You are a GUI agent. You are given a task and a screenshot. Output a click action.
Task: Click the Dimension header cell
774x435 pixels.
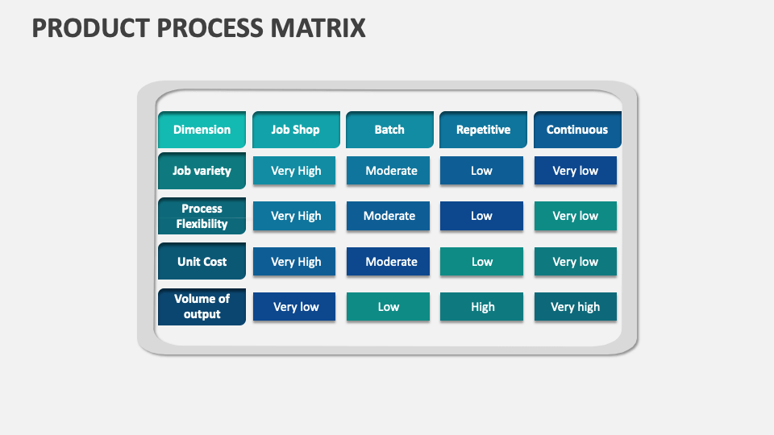pos(202,130)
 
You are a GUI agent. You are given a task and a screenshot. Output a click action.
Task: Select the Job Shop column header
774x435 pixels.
pos(295,130)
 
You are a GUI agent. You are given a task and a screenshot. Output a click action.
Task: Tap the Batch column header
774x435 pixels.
pos(389,130)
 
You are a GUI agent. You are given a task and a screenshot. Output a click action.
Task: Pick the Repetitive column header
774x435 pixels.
pos(483,130)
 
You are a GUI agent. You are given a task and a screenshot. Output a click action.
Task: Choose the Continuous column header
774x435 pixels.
pos(577,130)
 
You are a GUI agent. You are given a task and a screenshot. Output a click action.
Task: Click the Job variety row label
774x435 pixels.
pos(202,171)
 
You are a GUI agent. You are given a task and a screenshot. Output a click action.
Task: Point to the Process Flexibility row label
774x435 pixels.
pos(202,216)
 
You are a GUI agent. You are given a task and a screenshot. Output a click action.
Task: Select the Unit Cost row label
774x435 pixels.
pos(202,262)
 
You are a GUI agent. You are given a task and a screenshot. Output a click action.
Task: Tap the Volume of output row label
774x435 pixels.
pos(202,306)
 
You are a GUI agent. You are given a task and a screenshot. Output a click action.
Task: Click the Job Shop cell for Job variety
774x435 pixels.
pos(295,171)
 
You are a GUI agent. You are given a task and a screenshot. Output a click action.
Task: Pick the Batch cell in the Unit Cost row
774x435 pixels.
pos(389,262)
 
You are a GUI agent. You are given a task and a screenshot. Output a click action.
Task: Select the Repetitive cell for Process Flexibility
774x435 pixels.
pos(481,216)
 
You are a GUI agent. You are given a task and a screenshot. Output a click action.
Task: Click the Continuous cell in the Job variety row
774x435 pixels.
pos(576,171)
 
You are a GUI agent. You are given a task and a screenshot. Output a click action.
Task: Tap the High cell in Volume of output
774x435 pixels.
pos(482,307)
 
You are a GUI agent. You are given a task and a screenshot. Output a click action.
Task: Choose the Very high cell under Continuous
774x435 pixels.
pos(576,307)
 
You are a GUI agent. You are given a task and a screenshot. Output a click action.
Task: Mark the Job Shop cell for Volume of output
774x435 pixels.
pos(295,307)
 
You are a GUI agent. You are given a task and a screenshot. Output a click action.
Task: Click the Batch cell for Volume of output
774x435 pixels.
pos(389,307)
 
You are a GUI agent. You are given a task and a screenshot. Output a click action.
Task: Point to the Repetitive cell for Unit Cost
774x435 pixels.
pos(481,262)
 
